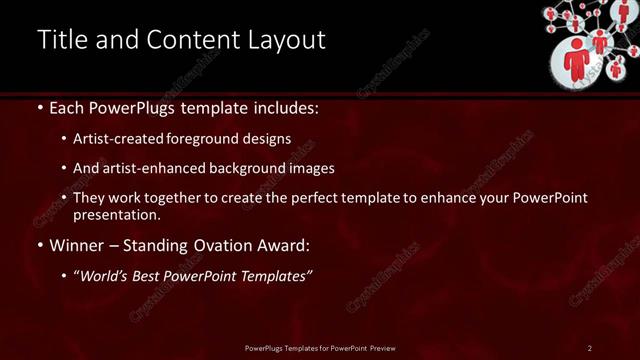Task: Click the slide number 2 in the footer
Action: pos(590,348)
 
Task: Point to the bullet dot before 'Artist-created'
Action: pos(65,139)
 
